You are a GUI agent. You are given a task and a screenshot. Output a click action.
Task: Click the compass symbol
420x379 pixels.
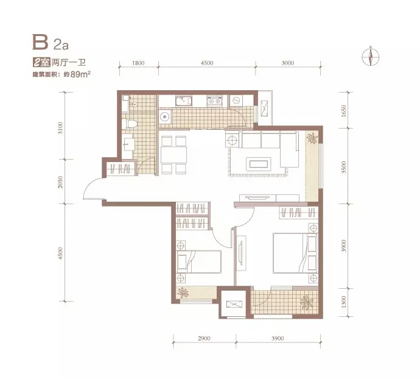coord(371,56)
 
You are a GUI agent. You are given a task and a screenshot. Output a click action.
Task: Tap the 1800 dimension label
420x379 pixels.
coord(138,63)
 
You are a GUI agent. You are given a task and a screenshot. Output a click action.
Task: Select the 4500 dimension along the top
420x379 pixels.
coord(207,63)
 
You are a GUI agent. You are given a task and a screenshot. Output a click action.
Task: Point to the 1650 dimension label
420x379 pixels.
coord(344,110)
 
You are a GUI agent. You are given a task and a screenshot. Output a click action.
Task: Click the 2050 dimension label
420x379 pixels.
coord(60,182)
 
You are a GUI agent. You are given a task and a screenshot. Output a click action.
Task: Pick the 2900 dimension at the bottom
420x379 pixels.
coord(204,339)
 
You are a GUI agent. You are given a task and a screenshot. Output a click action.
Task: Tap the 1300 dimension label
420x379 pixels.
coord(344,302)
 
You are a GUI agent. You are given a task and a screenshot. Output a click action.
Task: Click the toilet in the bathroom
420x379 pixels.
coord(130,124)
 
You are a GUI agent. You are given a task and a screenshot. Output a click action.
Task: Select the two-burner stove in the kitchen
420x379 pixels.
coord(215,101)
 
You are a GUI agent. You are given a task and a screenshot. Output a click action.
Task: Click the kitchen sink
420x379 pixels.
coord(183,101)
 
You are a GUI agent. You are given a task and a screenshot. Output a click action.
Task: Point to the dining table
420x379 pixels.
coord(173,155)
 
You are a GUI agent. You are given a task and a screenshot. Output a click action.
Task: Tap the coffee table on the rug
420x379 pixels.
coord(259,164)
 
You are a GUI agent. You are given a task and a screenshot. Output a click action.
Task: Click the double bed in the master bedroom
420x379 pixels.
coord(295,253)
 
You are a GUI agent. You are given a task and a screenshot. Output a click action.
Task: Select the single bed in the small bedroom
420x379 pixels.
coord(199,262)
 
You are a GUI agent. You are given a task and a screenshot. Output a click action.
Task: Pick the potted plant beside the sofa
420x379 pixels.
coord(312,138)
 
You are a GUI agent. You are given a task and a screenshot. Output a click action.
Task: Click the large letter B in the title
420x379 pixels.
coord(40,42)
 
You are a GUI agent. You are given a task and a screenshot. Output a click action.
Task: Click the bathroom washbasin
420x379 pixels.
coord(128,144)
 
